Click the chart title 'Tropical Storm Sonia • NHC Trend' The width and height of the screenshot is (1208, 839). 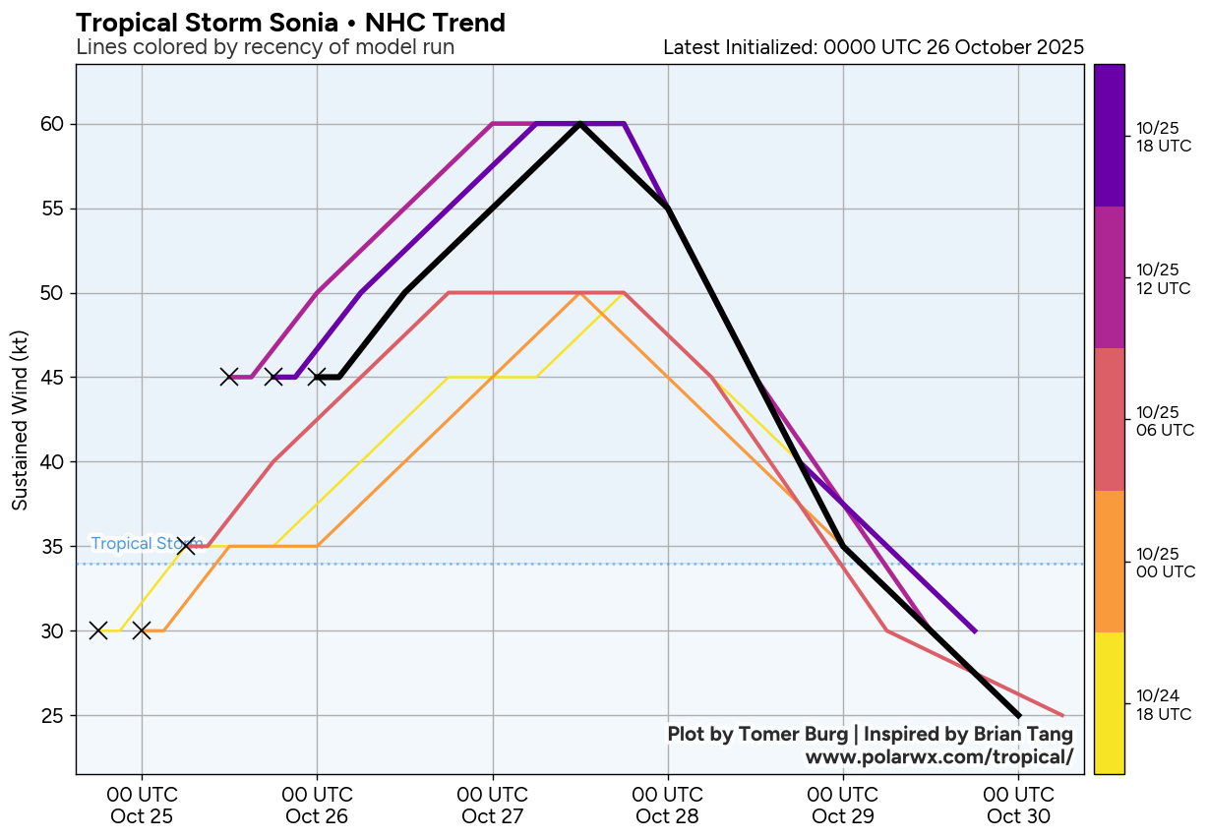click(290, 23)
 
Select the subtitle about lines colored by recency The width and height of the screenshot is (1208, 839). click(265, 47)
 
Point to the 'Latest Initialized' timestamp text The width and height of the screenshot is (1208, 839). click(874, 47)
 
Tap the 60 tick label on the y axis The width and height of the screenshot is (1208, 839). click(52, 125)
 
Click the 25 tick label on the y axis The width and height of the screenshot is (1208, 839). click(52, 715)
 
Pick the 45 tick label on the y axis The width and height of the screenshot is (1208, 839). click(52, 378)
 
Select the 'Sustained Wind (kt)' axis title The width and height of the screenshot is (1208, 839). click(20, 420)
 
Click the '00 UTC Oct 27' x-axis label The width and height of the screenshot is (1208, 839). click(492, 806)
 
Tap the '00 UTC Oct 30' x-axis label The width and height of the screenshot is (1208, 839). click(1018, 806)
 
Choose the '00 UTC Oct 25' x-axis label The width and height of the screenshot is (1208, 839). click(142, 806)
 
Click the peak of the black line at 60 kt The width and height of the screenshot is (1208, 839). click(580, 124)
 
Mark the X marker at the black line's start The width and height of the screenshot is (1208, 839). click(317, 377)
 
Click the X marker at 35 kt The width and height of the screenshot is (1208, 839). click(186, 545)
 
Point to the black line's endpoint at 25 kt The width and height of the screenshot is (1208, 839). click(1018, 715)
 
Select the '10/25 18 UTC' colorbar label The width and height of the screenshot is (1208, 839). click(1164, 138)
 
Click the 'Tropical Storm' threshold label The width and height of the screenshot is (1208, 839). click(146, 544)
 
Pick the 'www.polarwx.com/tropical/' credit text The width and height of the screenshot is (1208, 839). click(938, 757)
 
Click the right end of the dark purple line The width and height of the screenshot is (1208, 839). click(974, 631)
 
